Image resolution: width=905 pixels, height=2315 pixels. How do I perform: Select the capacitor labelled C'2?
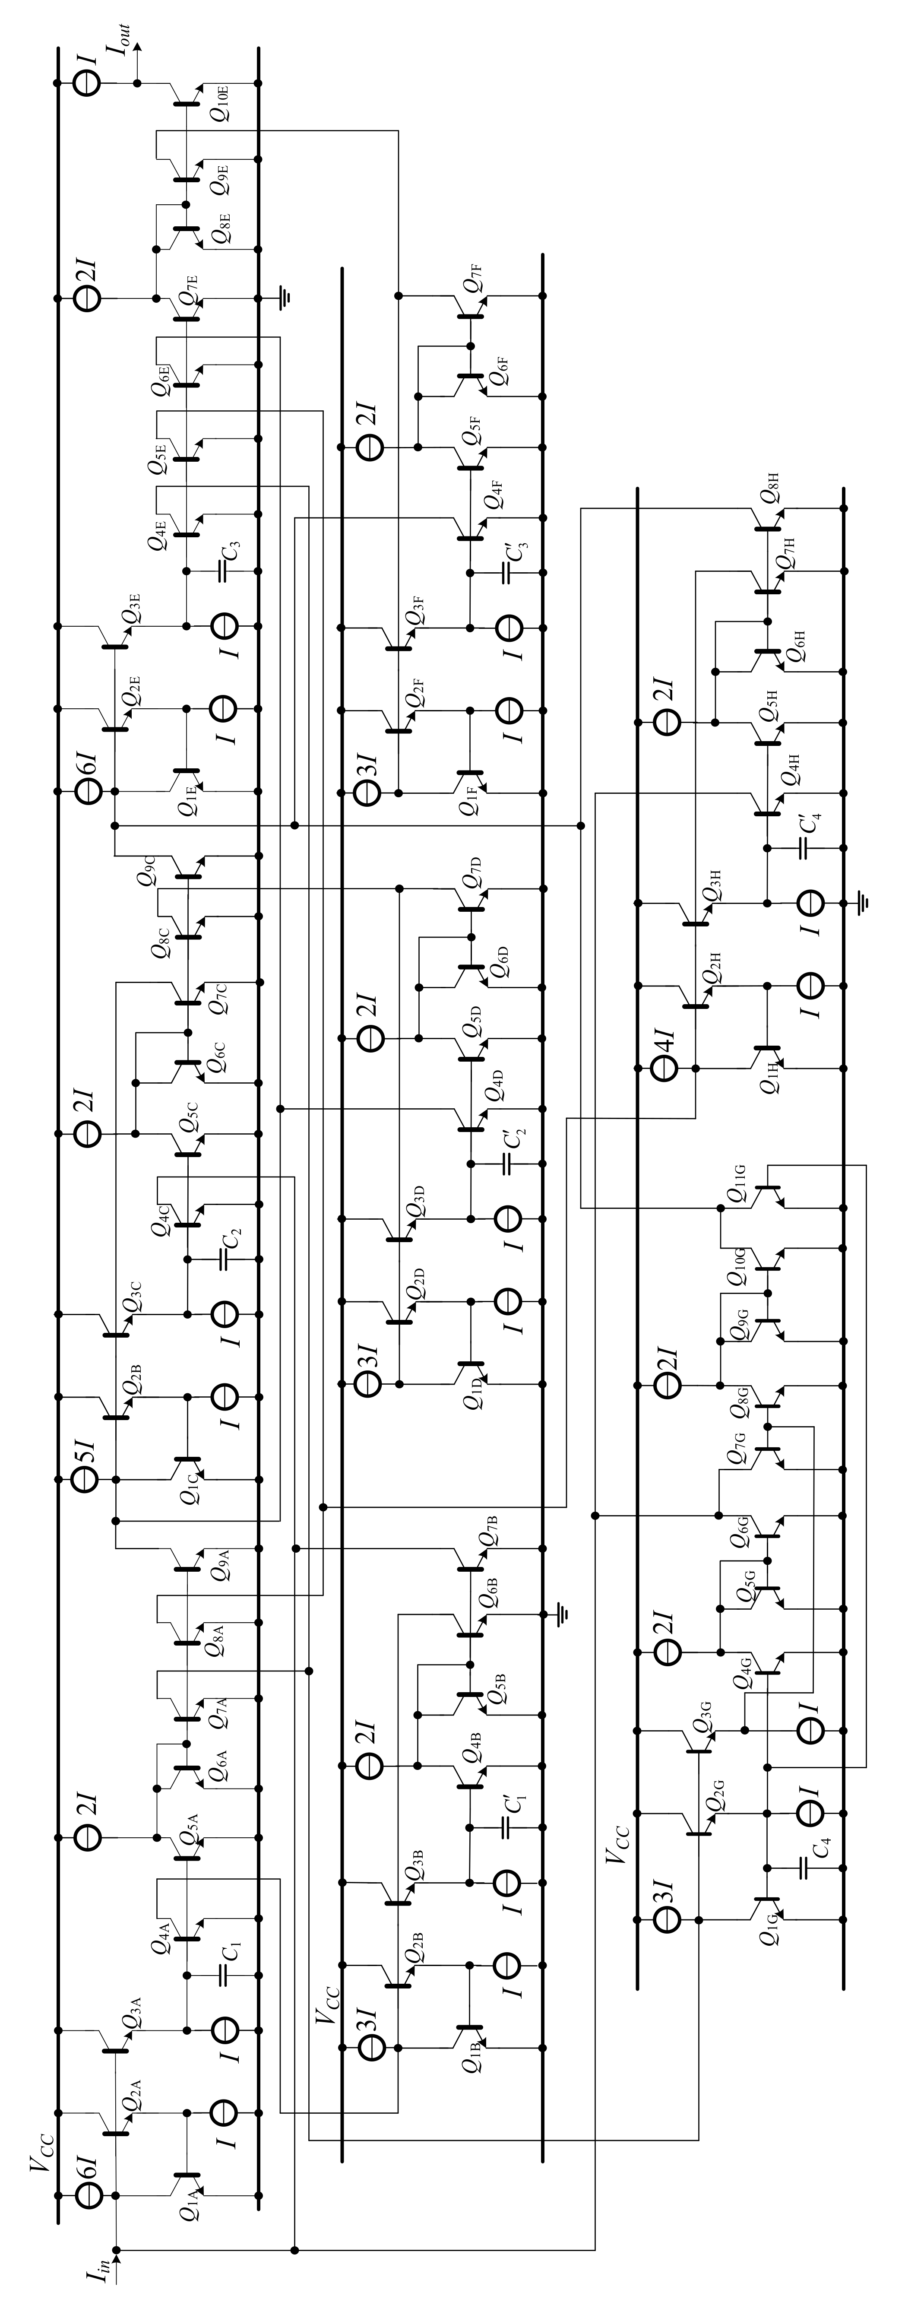tap(508, 1164)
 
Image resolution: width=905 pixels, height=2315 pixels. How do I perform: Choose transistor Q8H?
tap(769, 520)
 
